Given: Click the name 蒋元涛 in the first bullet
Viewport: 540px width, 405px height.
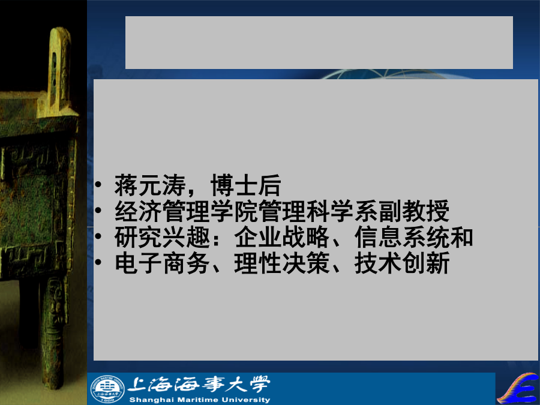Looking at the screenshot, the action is pyautogui.click(x=150, y=185).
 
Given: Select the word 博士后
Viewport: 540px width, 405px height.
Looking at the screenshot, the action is pyautogui.click(x=246, y=185).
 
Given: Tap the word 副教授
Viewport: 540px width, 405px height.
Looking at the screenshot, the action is pyautogui.click(x=414, y=211).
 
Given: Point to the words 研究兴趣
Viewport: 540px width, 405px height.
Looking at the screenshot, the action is pyautogui.click(x=162, y=237).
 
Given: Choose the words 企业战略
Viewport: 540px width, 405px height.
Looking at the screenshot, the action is pyautogui.click(x=282, y=237).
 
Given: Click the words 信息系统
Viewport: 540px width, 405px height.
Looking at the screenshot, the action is pyautogui.click(x=402, y=237).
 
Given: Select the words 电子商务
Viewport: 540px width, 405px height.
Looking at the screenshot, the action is pyautogui.click(x=162, y=263).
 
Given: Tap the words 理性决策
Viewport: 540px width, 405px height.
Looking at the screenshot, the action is pyautogui.click(x=282, y=263).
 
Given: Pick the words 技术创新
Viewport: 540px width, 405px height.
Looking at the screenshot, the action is pyautogui.click(x=402, y=263).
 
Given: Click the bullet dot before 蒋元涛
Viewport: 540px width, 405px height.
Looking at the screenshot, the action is pyautogui.click(x=98, y=185).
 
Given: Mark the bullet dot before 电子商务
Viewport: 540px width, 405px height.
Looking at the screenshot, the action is pyautogui.click(x=98, y=262).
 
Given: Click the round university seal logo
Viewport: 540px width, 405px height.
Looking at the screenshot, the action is pyautogui.click(x=107, y=389).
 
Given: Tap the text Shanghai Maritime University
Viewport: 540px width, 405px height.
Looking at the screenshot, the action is pyautogui.click(x=200, y=400).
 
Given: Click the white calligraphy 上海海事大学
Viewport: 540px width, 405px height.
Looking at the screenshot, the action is pyautogui.click(x=199, y=385).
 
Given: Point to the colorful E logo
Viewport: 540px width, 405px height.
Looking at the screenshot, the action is pyautogui.click(x=520, y=388).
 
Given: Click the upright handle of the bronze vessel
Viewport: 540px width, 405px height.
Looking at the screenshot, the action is pyautogui.click(x=59, y=69).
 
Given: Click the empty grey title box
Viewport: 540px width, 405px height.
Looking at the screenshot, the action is pyautogui.click(x=319, y=43).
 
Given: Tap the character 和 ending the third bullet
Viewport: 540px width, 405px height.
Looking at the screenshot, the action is pyautogui.click(x=461, y=237).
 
